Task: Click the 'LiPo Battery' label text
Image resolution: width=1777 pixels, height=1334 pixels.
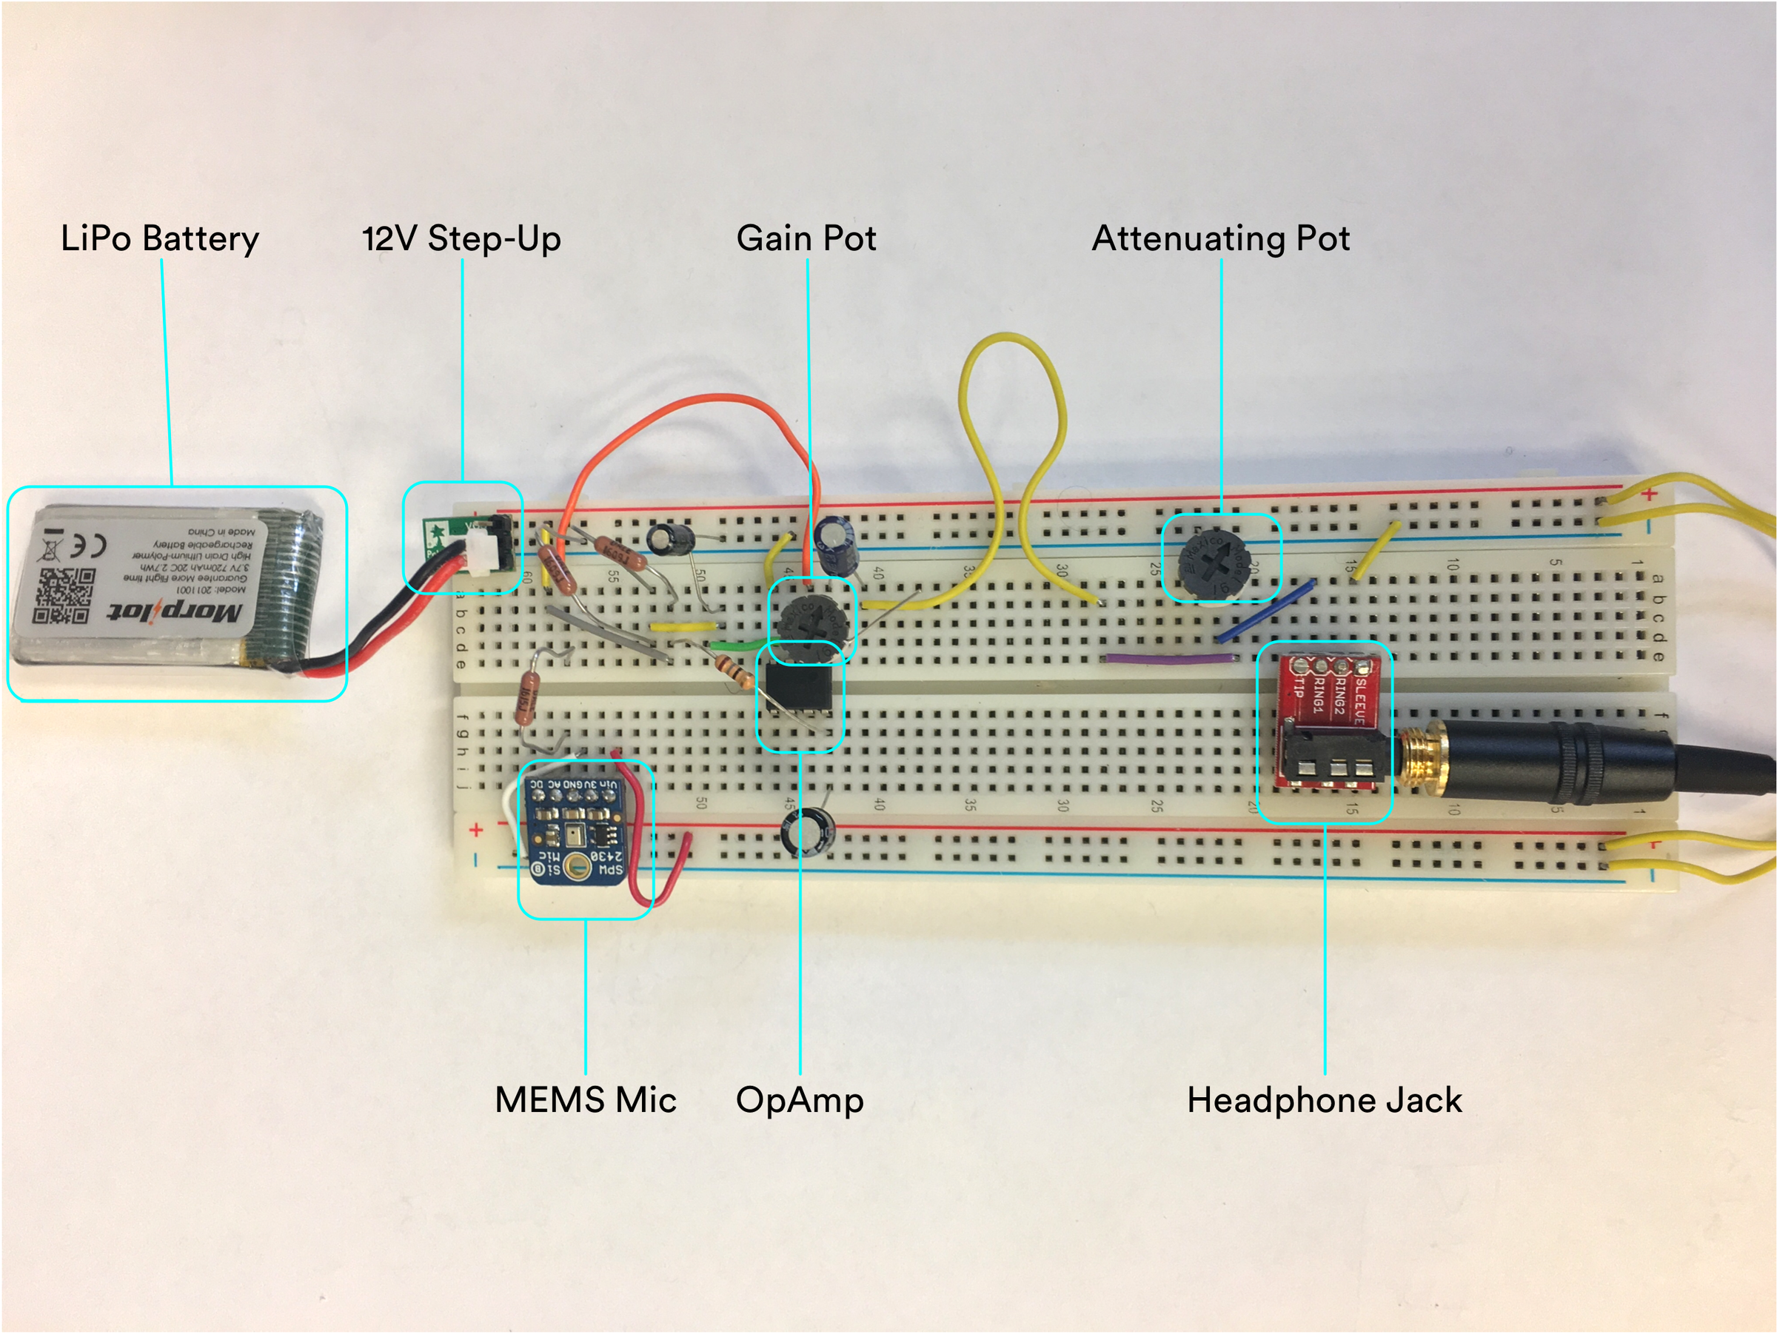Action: click(159, 238)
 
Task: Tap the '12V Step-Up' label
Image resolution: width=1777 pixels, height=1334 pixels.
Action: click(461, 238)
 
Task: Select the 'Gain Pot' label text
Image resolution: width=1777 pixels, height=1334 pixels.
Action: click(806, 238)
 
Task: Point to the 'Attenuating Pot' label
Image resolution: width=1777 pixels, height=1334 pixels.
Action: click(1220, 238)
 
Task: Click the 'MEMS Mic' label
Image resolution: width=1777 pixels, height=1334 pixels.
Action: click(585, 1099)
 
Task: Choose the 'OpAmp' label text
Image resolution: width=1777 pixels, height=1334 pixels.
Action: click(800, 1099)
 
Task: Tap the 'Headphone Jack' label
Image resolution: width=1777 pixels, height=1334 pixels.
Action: click(1324, 1099)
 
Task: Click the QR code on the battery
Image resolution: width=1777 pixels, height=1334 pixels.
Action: click(64, 596)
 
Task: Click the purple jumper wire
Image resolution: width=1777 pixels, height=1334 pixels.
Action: click(1169, 660)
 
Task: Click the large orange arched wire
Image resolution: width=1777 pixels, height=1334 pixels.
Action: click(683, 414)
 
